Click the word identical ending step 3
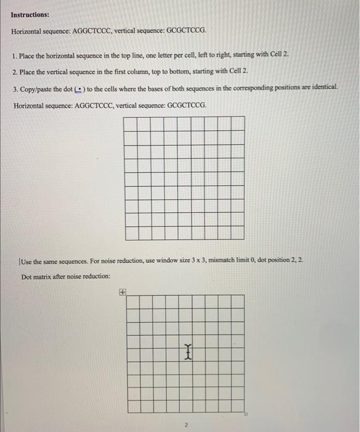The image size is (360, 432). point(322,89)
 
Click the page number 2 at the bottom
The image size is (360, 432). point(184,425)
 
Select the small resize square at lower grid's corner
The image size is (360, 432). point(246,415)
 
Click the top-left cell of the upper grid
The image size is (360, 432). point(130,123)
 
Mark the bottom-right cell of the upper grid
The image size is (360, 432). point(238,233)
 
